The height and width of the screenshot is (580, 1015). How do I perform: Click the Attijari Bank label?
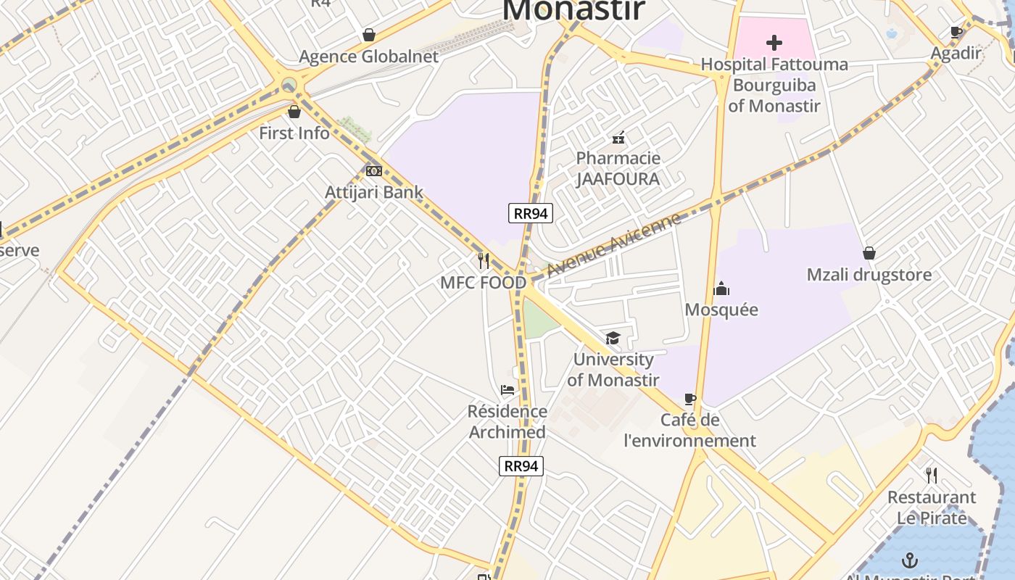point(373,192)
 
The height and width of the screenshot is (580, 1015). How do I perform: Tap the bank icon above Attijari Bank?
point(374,171)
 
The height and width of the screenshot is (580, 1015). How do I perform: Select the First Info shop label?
point(294,133)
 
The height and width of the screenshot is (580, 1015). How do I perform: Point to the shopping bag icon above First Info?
point(294,112)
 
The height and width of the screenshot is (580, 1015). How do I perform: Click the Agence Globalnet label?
point(368,57)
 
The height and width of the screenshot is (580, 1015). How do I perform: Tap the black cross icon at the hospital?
point(774,43)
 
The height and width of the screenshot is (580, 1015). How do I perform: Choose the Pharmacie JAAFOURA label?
point(618,168)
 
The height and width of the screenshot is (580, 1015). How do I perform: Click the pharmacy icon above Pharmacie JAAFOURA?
point(618,137)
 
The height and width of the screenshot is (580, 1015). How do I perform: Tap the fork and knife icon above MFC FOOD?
point(484,261)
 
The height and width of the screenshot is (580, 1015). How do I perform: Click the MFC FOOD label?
point(484,283)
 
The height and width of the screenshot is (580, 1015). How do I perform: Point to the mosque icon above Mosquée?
point(721,289)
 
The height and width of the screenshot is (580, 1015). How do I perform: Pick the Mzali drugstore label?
point(869,275)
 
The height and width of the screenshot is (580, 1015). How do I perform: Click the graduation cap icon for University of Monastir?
point(613,339)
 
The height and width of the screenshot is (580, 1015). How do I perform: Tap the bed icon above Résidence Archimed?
point(507,390)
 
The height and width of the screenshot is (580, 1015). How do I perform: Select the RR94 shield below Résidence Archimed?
point(521,465)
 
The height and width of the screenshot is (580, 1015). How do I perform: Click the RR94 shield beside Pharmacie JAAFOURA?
point(531,212)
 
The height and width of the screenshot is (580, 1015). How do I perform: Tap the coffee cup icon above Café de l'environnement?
point(690,399)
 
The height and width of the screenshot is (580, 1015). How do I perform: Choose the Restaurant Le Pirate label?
point(932,507)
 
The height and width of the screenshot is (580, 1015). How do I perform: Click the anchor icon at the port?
point(909,560)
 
